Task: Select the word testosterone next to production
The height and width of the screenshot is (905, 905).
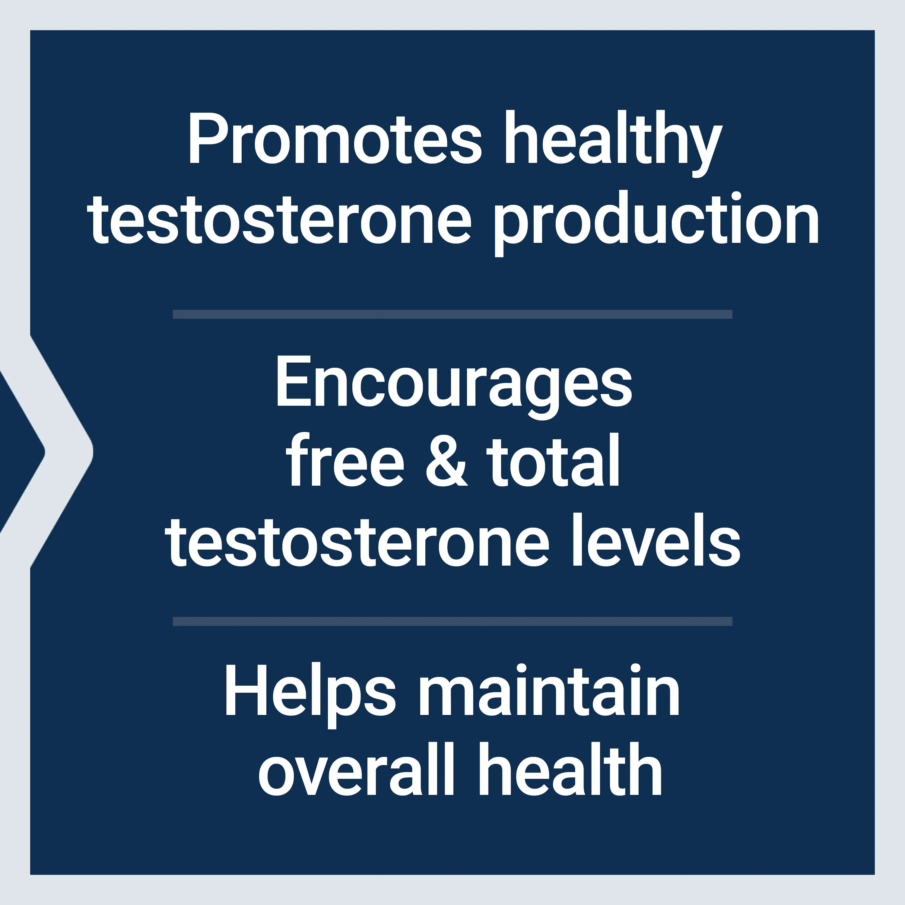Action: coord(279,220)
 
